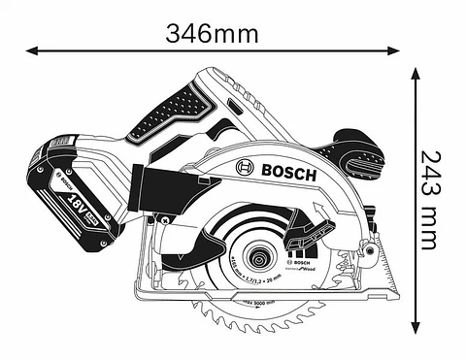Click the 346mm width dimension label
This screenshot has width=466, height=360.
coord(212,33)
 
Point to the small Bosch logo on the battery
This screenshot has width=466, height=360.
coord(65,178)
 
